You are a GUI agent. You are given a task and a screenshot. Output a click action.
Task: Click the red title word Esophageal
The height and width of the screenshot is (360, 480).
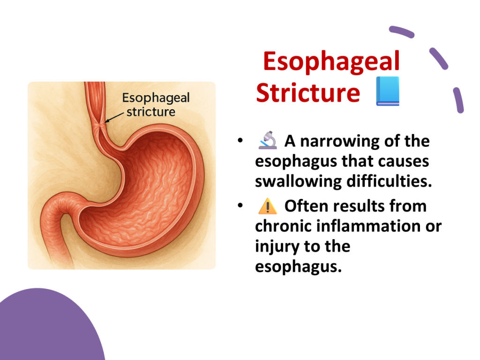[x=331, y=61]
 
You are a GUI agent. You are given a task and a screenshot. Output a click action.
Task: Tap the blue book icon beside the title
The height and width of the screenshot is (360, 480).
[x=388, y=91]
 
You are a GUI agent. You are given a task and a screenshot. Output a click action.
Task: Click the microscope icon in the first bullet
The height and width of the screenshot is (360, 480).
[x=268, y=140]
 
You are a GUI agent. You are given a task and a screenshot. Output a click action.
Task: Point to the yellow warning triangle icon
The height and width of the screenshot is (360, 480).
[x=268, y=206]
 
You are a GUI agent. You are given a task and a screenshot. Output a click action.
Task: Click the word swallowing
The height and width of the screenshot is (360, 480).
[x=298, y=182]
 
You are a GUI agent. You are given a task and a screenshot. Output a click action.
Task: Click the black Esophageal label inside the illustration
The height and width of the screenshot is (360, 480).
[x=156, y=98]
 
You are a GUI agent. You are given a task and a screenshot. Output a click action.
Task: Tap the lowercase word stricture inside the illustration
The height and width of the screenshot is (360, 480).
[x=151, y=112]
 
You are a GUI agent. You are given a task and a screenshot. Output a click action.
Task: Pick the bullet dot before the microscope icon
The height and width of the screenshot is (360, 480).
[x=240, y=141]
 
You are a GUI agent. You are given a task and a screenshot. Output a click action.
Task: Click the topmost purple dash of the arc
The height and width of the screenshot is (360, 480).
[x=402, y=32]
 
